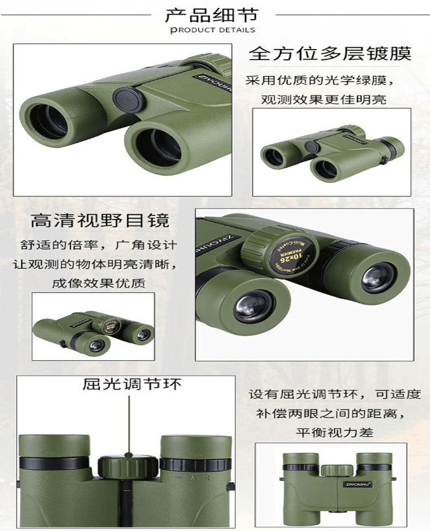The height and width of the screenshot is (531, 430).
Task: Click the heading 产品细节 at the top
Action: [213, 15]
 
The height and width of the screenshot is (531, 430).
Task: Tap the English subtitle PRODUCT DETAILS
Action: [213, 30]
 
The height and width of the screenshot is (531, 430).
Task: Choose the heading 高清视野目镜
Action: [100, 221]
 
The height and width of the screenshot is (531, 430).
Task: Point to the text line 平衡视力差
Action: [334, 433]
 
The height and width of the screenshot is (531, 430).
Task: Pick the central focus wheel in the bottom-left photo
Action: [128, 466]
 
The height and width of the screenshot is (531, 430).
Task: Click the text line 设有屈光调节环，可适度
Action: [335, 394]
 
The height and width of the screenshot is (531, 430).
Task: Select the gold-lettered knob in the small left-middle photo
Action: [108, 326]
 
